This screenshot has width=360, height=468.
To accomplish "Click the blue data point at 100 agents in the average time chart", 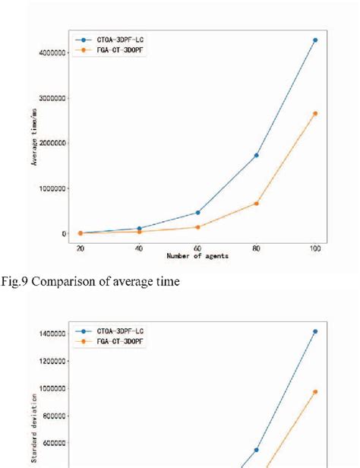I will click(x=315, y=40).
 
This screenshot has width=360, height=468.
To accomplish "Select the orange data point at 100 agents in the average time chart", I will click(x=315, y=113).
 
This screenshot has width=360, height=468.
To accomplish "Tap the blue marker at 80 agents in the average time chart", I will click(x=257, y=155).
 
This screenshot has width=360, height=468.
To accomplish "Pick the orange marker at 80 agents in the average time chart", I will click(x=257, y=203).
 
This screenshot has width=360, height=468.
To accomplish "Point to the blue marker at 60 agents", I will click(x=197, y=212).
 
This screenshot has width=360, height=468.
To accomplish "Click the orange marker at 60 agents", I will click(x=197, y=226).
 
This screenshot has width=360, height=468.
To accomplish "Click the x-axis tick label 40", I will click(x=139, y=248).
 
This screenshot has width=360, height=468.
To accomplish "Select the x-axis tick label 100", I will click(x=315, y=248).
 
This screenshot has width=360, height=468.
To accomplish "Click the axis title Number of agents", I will click(x=197, y=257).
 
